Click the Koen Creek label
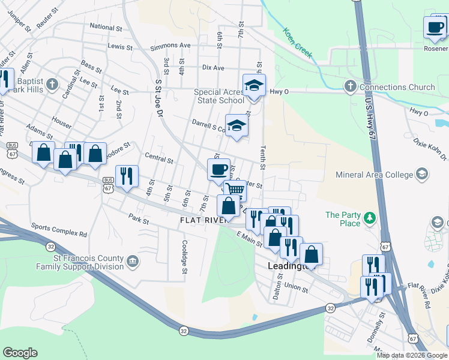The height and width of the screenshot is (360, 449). pos(298,43)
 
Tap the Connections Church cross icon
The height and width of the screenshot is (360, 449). pos(350,87)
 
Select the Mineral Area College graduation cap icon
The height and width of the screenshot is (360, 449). pos(422,175)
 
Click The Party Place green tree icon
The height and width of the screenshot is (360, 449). pos(371,215)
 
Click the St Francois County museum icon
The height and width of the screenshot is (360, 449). pos(133,260)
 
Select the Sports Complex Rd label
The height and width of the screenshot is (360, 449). pos(59,229)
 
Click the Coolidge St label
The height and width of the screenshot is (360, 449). pos(185,254)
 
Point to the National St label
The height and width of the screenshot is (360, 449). pos(106,27)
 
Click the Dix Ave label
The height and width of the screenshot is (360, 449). pos(213,68)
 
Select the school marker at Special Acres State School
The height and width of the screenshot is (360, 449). pos(254,86)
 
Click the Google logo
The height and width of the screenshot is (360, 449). pos(20,353)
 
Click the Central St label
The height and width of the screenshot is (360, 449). pos(159,160)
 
